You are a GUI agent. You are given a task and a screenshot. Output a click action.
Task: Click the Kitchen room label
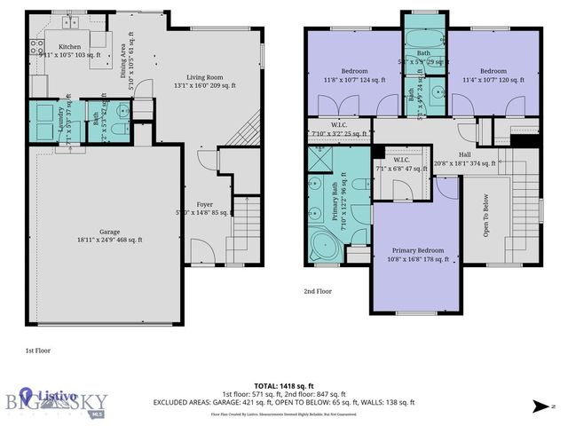(69, 46)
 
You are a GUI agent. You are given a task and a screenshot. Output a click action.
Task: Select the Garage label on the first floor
(99, 233)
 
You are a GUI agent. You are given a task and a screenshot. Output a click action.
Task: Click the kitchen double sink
(69, 20)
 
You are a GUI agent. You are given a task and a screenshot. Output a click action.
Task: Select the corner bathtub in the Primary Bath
(319, 248)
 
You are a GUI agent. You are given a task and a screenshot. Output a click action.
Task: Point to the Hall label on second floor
(464, 154)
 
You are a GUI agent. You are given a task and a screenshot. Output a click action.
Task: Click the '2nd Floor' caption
(317, 290)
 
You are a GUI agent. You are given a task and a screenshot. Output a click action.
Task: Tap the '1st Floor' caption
(37, 351)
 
